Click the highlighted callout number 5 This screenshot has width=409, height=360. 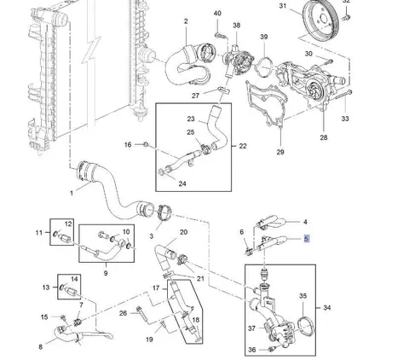click(306, 239)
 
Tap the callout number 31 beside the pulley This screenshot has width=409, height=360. click(283, 6)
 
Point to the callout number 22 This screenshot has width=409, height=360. click(243, 146)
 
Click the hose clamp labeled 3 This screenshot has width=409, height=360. click(164, 212)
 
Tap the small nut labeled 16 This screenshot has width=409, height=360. click(146, 144)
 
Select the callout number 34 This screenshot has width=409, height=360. click(327, 307)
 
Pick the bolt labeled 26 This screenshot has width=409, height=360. click(142, 315)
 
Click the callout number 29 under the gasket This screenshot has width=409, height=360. click(280, 152)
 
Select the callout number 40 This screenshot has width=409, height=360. click(217, 14)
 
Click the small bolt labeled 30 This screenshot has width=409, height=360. click(329, 61)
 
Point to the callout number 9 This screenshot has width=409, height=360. click(106, 273)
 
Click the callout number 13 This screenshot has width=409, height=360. click(46, 287)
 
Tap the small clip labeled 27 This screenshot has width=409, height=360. click(223, 90)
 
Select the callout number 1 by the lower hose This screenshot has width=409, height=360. click(72, 193)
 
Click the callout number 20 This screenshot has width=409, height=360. click(183, 232)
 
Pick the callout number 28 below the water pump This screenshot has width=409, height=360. click(324, 137)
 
